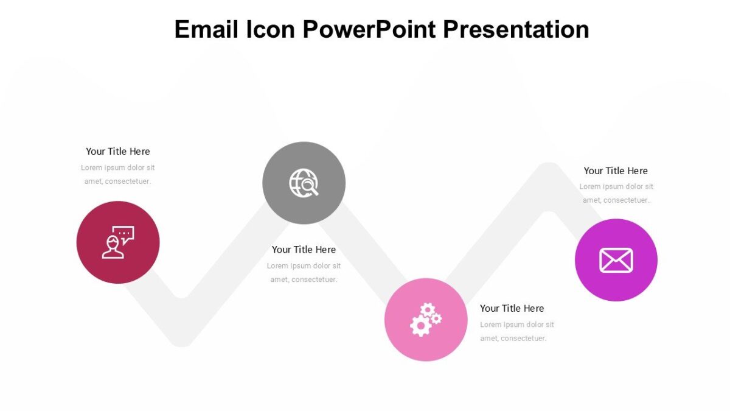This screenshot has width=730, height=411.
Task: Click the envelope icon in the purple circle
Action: tap(616, 260)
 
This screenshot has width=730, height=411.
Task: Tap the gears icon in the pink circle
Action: tap(425, 320)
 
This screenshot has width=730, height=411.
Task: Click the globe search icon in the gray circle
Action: tap(304, 183)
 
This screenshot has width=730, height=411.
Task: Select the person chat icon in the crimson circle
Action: tap(117, 242)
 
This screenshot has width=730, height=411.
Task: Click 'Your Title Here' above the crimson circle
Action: tap(117, 151)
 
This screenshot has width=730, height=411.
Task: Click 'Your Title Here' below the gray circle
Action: tap(304, 250)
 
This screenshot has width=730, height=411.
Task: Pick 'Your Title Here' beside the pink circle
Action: tap(512, 309)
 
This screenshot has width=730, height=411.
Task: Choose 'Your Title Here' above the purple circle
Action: tap(616, 171)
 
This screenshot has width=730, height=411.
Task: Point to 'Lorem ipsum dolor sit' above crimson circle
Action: tap(117, 167)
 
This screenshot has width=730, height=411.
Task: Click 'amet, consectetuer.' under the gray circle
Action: tap(304, 279)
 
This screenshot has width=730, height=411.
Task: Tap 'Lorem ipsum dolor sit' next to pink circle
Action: tap(516, 325)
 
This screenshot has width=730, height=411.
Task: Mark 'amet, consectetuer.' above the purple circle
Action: tap(616, 200)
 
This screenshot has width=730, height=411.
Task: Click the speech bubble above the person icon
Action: tap(125, 234)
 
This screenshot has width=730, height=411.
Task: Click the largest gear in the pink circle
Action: tap(420, 326)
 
